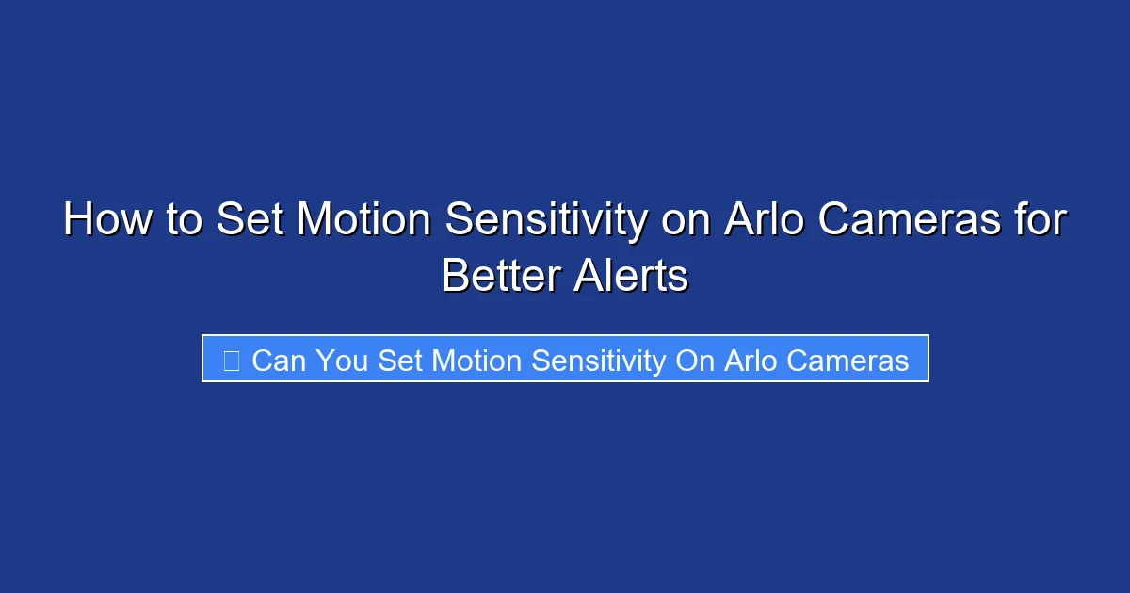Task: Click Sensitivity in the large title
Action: pos(546,221)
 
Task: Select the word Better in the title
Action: pos(498,277)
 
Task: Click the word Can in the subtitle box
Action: pos(280,360)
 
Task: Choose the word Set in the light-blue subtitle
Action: pos(401,360)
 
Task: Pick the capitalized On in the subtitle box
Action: pos(696,360)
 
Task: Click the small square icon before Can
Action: pos(231,360)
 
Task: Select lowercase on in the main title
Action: pos(686,221)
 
